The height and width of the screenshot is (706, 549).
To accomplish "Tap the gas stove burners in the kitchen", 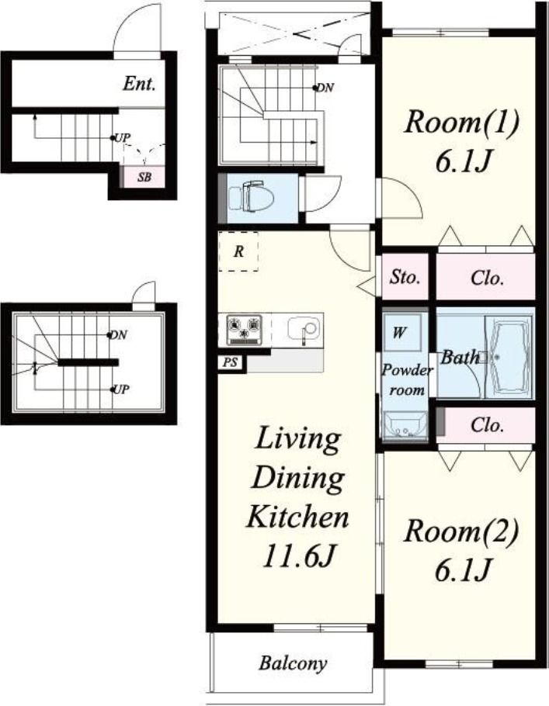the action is (x=245, y=330).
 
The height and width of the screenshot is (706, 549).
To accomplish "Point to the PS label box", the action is (x=231, y=363).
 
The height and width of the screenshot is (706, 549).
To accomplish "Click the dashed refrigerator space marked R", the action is (x=238, y=251).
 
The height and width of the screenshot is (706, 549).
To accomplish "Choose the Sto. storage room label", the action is (x=405, y=277).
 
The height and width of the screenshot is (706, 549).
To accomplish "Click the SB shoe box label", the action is (x=144, y=177).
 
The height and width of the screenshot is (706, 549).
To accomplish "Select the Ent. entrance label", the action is (x=139, y=84).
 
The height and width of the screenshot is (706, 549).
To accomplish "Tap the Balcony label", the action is (x=293, y=663).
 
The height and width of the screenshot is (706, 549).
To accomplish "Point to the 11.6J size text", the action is (x=298, y=556).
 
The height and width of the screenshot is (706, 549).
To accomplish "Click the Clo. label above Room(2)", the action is (x=487, y=424).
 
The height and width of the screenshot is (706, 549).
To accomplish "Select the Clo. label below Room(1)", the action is (x=487, y=278).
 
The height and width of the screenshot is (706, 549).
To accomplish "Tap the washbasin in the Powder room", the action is (x=405, y=425).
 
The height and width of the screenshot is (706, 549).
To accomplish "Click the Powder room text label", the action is (x=407, y=380).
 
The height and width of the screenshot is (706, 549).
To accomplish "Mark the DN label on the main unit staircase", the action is (x=325, y=88).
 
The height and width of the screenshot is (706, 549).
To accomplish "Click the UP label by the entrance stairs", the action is (x=122, y=138).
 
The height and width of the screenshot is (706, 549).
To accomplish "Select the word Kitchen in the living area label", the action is (x=298, y=517).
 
